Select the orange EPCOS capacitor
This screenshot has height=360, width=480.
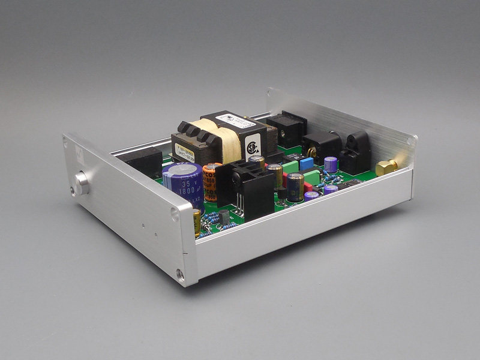click(210, 182)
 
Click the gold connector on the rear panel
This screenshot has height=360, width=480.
click(386, 167)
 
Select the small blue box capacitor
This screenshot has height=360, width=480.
click(307, 164)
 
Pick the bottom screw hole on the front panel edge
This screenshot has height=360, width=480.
click(180, 275)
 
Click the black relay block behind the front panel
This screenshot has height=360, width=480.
click(144, 163)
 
